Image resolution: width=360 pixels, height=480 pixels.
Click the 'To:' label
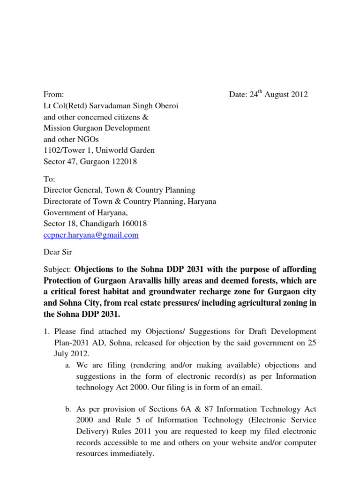(50, 179)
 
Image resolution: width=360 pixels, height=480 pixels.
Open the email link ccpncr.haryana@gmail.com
(91, 235)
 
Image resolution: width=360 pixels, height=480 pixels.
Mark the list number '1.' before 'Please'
(47, 332)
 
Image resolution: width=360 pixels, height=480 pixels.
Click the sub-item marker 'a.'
(68, 365)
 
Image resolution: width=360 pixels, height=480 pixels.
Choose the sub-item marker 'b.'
(68, 410)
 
